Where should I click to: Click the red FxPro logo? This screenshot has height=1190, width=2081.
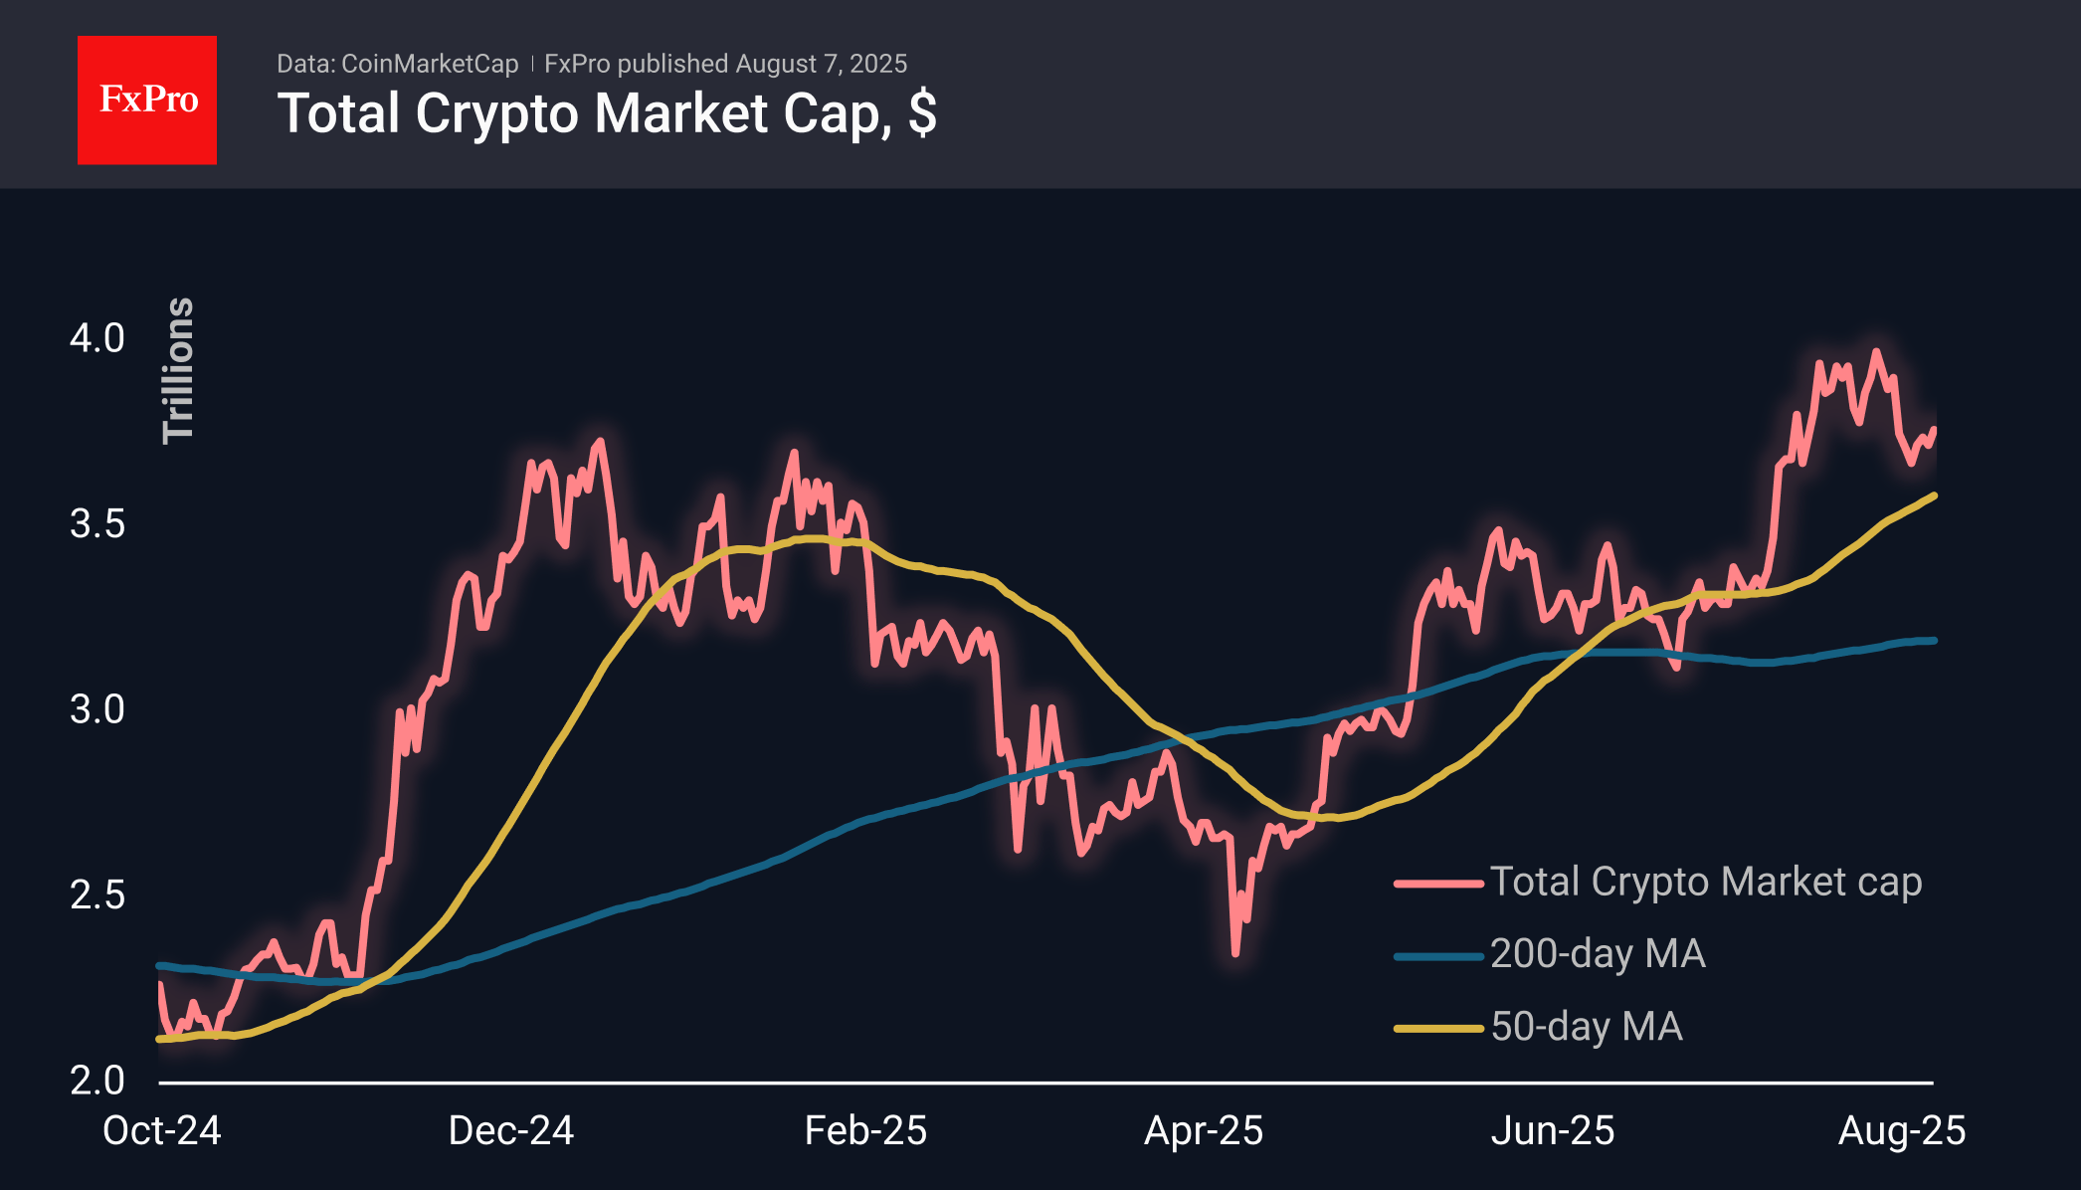[x=147, y=99]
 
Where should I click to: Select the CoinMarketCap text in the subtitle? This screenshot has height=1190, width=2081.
[x=429, y=64]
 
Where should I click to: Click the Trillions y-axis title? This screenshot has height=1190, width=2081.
[x=179, y=370]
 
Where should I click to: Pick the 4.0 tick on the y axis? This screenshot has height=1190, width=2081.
[x=96, y=338]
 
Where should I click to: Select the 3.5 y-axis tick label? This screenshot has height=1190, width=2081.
[x=96, y=523]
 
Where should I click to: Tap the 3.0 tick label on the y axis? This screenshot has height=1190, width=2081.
[x=96, y=709]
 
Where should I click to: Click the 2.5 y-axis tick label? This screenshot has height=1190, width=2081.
[x=96, y=894]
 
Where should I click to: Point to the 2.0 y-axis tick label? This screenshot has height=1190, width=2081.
[x=96, y=1081]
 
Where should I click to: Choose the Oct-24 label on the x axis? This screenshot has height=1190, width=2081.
[x=161, y=1131]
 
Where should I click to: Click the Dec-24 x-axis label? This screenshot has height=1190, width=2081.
[x=510, y=1131]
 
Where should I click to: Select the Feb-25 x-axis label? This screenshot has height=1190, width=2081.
[x=865, y=1131]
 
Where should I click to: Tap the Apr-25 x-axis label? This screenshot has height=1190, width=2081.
[x=1204, y=1131]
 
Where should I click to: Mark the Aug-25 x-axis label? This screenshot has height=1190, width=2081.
[x=1901, y=1131]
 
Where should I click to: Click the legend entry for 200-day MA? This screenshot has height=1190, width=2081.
[x=1597, y=954]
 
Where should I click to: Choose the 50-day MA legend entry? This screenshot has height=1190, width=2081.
[x=1586, y=1027]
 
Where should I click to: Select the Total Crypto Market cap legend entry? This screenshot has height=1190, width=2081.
[x=1705, y=883]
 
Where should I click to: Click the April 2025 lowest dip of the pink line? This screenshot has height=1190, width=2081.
[x=1235, y=953]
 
